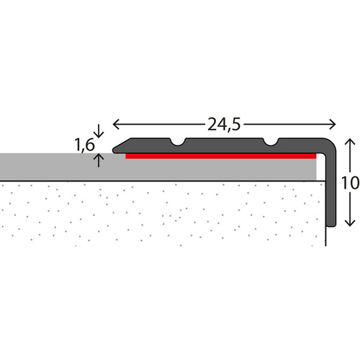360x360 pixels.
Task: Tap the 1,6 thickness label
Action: [84, 144]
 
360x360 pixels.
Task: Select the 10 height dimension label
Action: [350, 183]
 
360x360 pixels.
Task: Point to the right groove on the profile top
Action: [272, 140]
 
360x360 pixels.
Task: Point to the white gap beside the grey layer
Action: [320, 168]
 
